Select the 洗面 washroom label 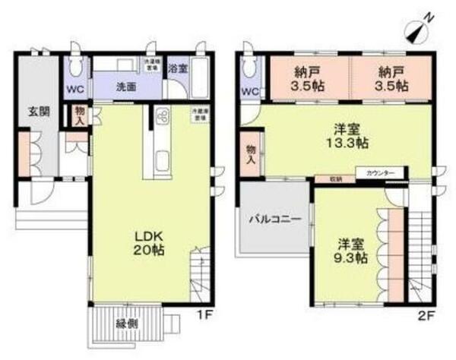(x=126, y=87)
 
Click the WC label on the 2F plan (x=249, y=91)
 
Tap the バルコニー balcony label (x=276, y=219)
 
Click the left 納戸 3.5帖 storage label (x=308, y=78)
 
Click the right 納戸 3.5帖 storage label (x=391, y=78)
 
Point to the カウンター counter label (x=381, y=174)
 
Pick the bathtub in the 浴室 (x=201, y=74)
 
